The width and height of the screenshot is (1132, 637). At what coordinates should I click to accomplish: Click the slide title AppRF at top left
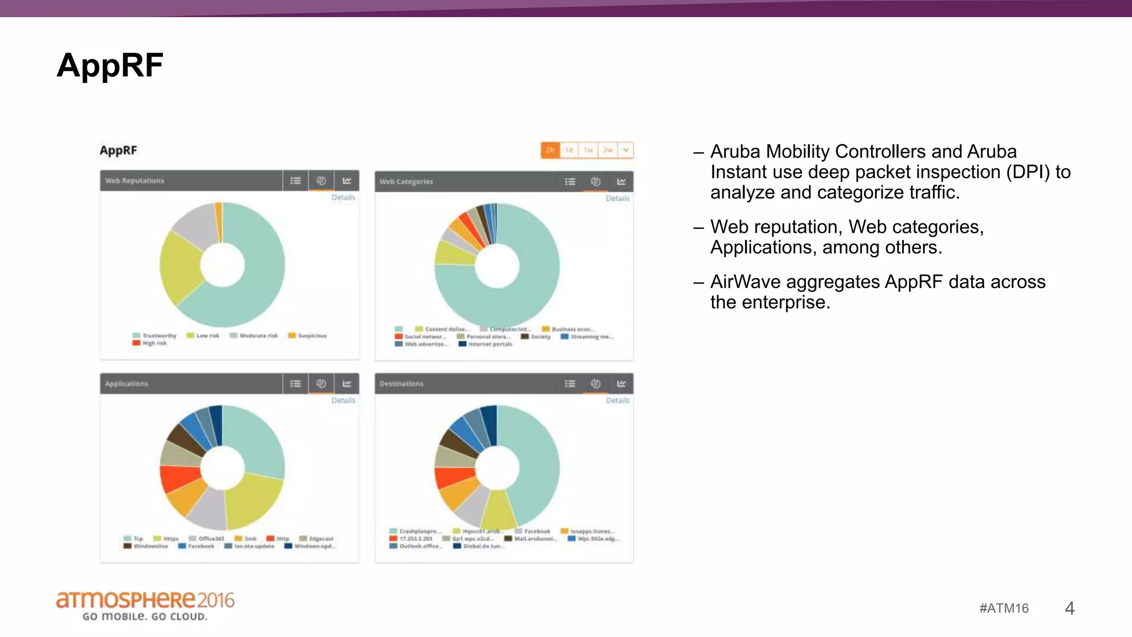pos(110,65)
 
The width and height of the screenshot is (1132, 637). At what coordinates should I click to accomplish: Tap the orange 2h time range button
pos(550,150)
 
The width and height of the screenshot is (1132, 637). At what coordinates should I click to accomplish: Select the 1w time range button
pos(588,150)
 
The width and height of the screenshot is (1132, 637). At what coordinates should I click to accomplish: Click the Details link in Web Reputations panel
pos(343,197)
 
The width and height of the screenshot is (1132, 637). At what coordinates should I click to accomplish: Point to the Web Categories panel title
pos(406,181)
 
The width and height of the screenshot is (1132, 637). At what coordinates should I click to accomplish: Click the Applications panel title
pos(127,384)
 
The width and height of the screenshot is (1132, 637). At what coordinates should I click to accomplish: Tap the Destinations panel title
pos(401,384)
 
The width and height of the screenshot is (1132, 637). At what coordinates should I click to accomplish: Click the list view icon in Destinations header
pos(570,384)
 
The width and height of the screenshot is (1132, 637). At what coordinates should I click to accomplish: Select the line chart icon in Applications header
pos(347,384)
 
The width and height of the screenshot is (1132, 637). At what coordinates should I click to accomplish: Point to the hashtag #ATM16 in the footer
pos(1004,608)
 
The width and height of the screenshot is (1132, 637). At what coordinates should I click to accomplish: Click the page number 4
pos(1070,608)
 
